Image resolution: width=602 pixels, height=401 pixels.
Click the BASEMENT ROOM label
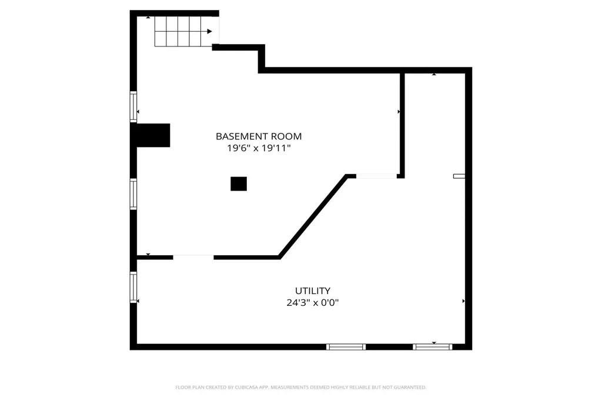(259, 136)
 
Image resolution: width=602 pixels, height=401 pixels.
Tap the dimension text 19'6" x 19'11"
(259, 149)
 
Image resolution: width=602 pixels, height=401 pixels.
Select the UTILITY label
(312, 290)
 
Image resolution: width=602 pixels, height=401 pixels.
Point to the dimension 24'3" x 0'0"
(312, 303)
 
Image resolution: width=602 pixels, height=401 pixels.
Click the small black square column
(239, 184)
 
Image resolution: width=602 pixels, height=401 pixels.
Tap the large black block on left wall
(153, 135)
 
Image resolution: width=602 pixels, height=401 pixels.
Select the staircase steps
(179, 31)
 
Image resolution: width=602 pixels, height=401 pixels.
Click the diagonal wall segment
(312, 216)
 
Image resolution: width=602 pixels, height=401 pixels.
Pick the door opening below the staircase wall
(193, 257)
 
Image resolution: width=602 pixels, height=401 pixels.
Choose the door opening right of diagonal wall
(376, 176)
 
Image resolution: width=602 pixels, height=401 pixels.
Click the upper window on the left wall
(133, 106)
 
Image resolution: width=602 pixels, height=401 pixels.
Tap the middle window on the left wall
(133, 194)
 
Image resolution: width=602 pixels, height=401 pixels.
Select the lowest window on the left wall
(133, 287)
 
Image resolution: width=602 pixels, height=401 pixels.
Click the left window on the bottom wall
(346, 347)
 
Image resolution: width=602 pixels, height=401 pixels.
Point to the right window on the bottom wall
(432, 347)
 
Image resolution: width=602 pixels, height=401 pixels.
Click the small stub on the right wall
(459, 175)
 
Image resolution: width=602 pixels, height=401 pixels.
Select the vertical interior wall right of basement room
(402, 123)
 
